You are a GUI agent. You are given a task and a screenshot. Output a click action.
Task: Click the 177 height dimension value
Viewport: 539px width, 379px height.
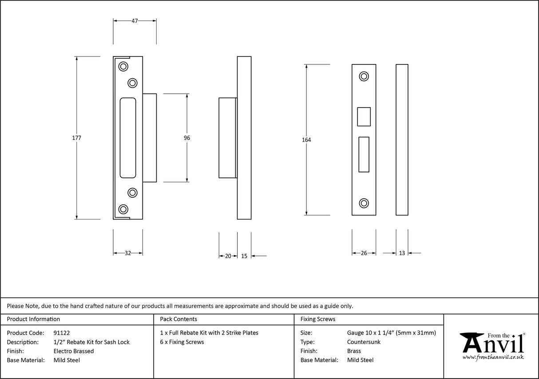76,138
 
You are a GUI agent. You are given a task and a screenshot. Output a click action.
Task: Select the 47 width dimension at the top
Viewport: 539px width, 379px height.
135,20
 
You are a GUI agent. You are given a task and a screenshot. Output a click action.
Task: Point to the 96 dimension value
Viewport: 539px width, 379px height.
186,138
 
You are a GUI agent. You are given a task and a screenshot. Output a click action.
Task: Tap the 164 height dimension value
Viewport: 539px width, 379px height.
306,140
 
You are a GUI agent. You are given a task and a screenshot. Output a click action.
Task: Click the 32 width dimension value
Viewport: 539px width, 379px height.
127,253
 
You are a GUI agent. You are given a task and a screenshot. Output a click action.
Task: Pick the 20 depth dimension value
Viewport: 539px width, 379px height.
228,256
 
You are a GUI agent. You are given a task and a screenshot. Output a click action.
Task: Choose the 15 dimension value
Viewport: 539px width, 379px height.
244,256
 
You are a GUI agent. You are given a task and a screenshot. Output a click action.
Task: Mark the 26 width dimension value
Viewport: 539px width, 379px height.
364,253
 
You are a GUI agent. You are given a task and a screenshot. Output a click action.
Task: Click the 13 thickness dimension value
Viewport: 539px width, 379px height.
402,253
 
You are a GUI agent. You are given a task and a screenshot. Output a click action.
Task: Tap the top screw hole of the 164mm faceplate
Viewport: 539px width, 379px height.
364,76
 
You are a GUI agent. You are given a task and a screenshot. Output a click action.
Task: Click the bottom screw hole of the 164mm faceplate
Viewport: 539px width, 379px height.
364,203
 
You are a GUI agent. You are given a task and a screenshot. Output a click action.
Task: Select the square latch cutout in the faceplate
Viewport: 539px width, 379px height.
364,117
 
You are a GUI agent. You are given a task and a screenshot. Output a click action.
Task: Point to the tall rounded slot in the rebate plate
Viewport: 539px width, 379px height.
128,138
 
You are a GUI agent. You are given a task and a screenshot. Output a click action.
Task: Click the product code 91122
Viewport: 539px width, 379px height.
61,333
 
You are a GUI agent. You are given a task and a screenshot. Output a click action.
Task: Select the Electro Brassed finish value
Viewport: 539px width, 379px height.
73,351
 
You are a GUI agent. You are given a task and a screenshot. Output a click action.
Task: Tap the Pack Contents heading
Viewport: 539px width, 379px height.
178,319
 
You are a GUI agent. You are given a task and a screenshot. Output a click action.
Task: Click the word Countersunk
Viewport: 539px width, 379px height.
364,342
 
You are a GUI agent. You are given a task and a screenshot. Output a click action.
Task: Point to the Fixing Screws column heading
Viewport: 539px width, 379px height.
317,319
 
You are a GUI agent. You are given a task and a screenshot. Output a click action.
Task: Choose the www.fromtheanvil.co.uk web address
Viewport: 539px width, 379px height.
493,357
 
